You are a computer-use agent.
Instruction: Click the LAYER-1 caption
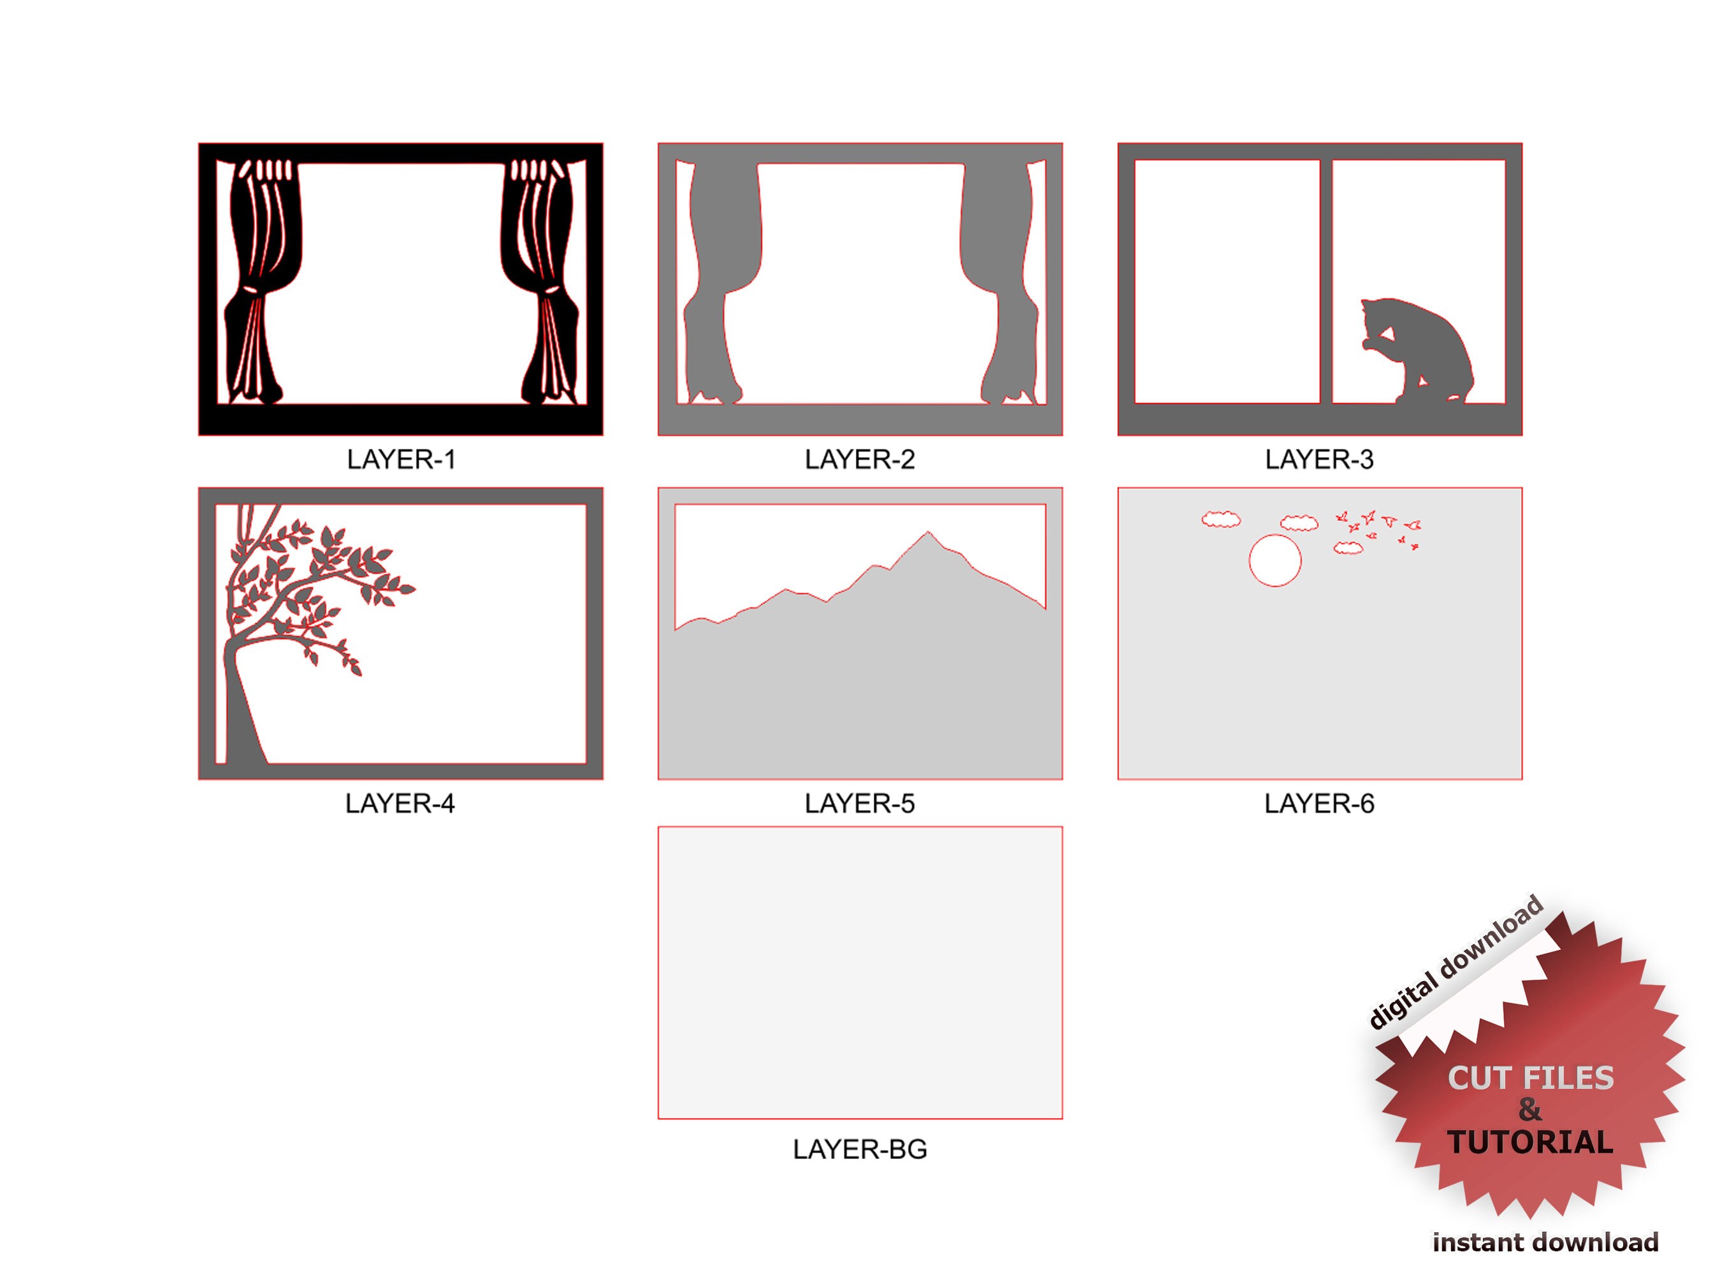coord(400,460)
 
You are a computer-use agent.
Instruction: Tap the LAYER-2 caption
coord(860,460)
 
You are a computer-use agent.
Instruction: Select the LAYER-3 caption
coord(1319,460)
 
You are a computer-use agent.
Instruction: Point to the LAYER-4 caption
coord(400,805)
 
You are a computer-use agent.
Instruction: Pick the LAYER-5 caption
coord(860,805)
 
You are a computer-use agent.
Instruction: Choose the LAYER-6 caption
coord(1319,805)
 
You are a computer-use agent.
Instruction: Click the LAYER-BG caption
coord(860,1150)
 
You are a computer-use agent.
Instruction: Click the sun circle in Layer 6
coord(1275,561)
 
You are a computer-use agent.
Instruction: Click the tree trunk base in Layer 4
coord(245,733)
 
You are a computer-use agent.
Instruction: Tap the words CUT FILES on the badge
coord(1530,1078)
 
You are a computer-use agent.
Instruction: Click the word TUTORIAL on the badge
coord(1529,1143)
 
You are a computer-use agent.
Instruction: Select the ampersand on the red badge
coord(1529,1111)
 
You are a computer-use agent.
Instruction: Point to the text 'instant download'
coord(1545,1242)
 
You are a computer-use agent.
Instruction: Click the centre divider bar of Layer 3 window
coord(1326,282)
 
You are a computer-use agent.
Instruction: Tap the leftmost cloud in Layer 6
coord(1221,520)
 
